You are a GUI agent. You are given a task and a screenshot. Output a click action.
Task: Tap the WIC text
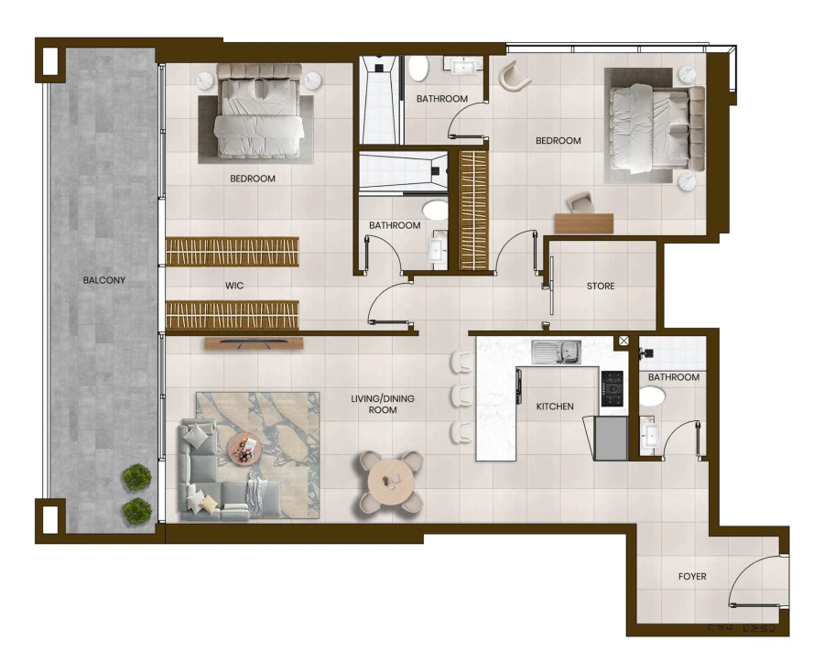click(234, 286)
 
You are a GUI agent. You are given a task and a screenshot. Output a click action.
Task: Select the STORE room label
click(601, 287)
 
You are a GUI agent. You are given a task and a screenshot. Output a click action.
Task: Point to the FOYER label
click(692, 577)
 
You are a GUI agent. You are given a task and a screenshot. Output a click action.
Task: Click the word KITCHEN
click(555, 407)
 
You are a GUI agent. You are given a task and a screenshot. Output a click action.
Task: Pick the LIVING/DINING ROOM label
click(383, 404)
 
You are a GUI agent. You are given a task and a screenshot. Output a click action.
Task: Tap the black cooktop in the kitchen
click(613, 388)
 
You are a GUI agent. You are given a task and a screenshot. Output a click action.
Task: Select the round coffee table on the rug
click(244, 448)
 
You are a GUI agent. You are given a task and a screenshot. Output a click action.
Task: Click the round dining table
click(391, 480)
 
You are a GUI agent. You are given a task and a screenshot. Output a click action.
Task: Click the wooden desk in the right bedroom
click(584, 222)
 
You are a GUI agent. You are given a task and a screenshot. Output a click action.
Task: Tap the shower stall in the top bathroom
click(378, 100)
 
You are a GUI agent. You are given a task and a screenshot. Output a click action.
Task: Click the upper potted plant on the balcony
click(137, 477)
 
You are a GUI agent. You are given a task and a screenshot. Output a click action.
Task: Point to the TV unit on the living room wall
click(253, 343)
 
